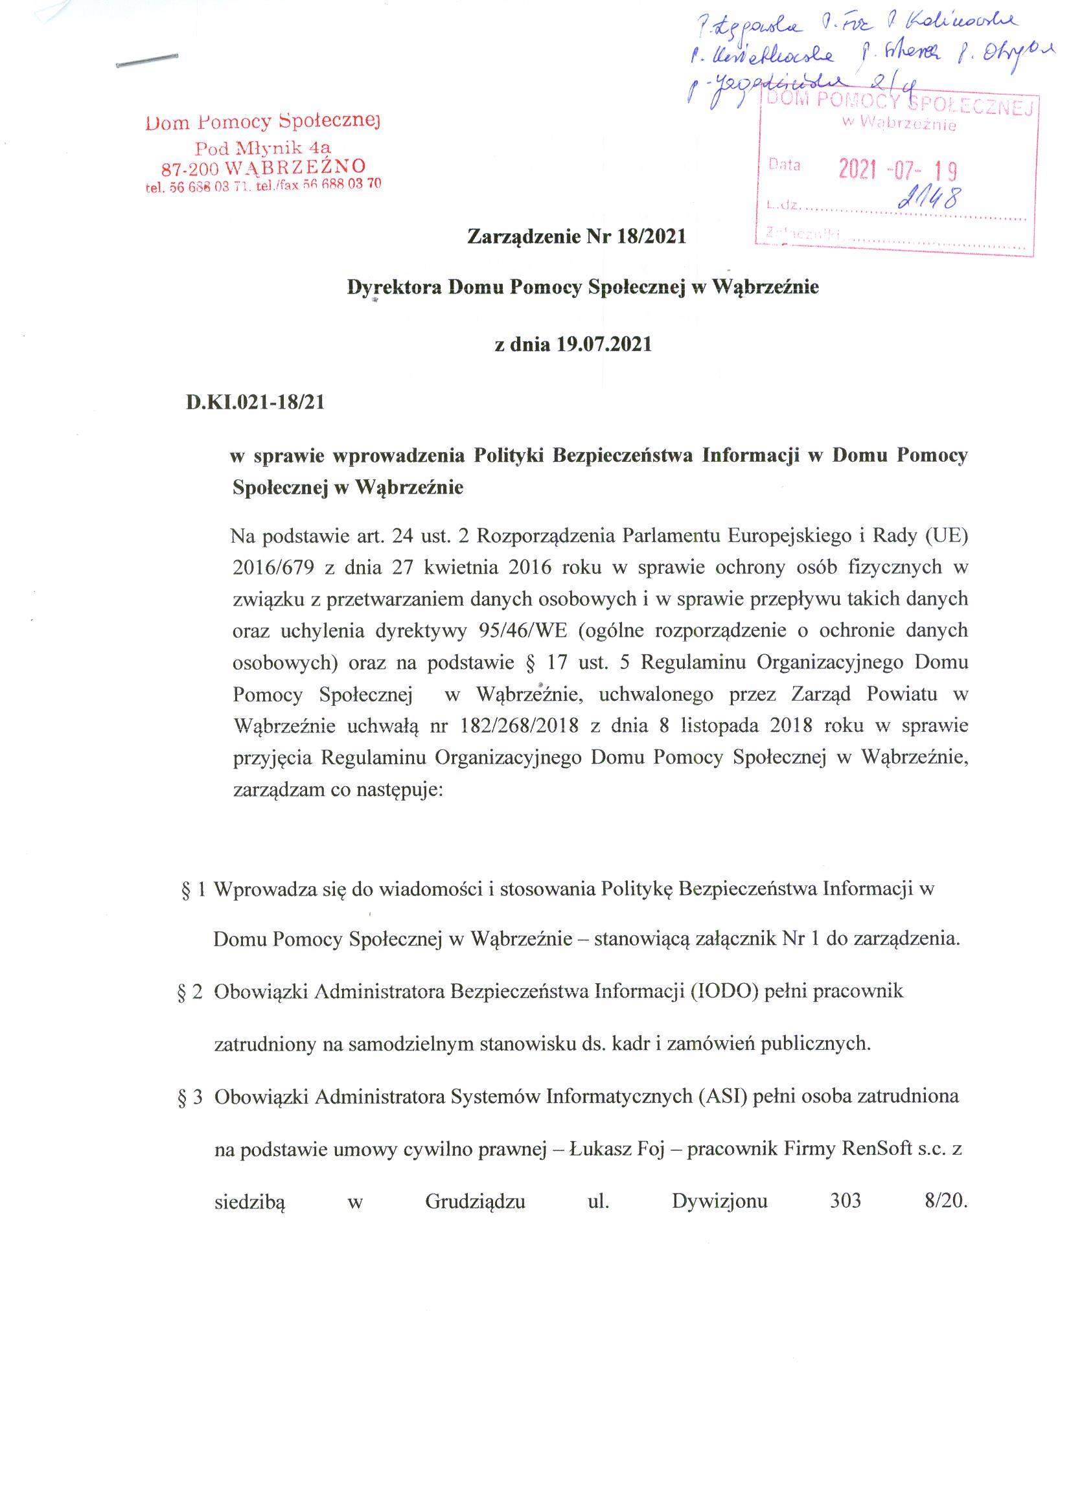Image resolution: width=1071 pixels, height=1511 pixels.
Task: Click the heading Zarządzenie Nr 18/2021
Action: point(577,236)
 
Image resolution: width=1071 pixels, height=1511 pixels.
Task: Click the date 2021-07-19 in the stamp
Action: point(897,171)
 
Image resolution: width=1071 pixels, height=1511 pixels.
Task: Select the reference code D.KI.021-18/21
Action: point(255,402)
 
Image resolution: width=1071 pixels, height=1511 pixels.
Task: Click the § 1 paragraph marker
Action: point(193,889)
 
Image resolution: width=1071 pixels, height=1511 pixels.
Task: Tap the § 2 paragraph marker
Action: point(189,992)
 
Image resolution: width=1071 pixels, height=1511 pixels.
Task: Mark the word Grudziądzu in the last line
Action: point(475,1201)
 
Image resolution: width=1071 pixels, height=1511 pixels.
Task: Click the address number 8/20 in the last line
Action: point(945,1201)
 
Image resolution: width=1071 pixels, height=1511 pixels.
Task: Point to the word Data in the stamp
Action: point(784,165)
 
